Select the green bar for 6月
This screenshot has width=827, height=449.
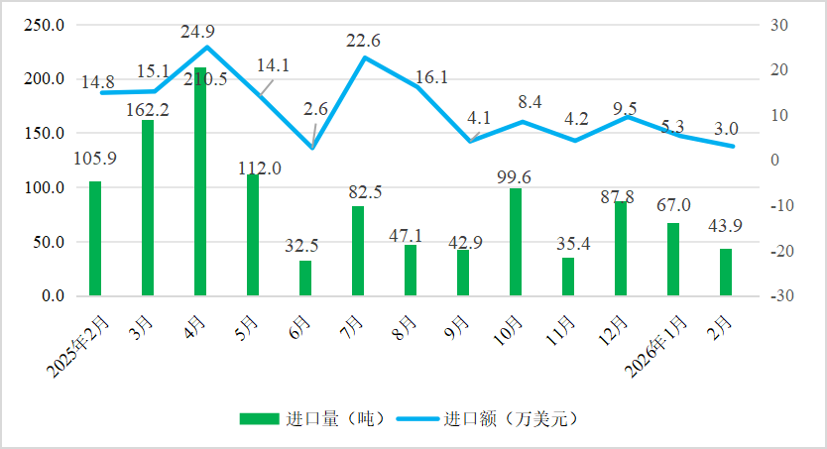click(x=305, y=279)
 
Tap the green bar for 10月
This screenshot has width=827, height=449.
click(x=516, y=242)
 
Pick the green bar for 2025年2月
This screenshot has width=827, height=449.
click(x=95, y=239)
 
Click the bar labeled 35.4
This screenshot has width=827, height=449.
click(x=568, y=277)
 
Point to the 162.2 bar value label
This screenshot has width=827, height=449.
click(x=148, y=110)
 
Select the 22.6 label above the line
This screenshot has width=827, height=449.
click(x=363, y=41)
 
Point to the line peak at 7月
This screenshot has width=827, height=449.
click(x=364, y=57)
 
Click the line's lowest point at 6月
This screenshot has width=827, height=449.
click(x=312, y=149)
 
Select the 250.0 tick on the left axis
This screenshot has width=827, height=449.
click(x=45, y=25)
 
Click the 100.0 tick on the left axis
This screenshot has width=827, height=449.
click(x=45, y=187)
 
